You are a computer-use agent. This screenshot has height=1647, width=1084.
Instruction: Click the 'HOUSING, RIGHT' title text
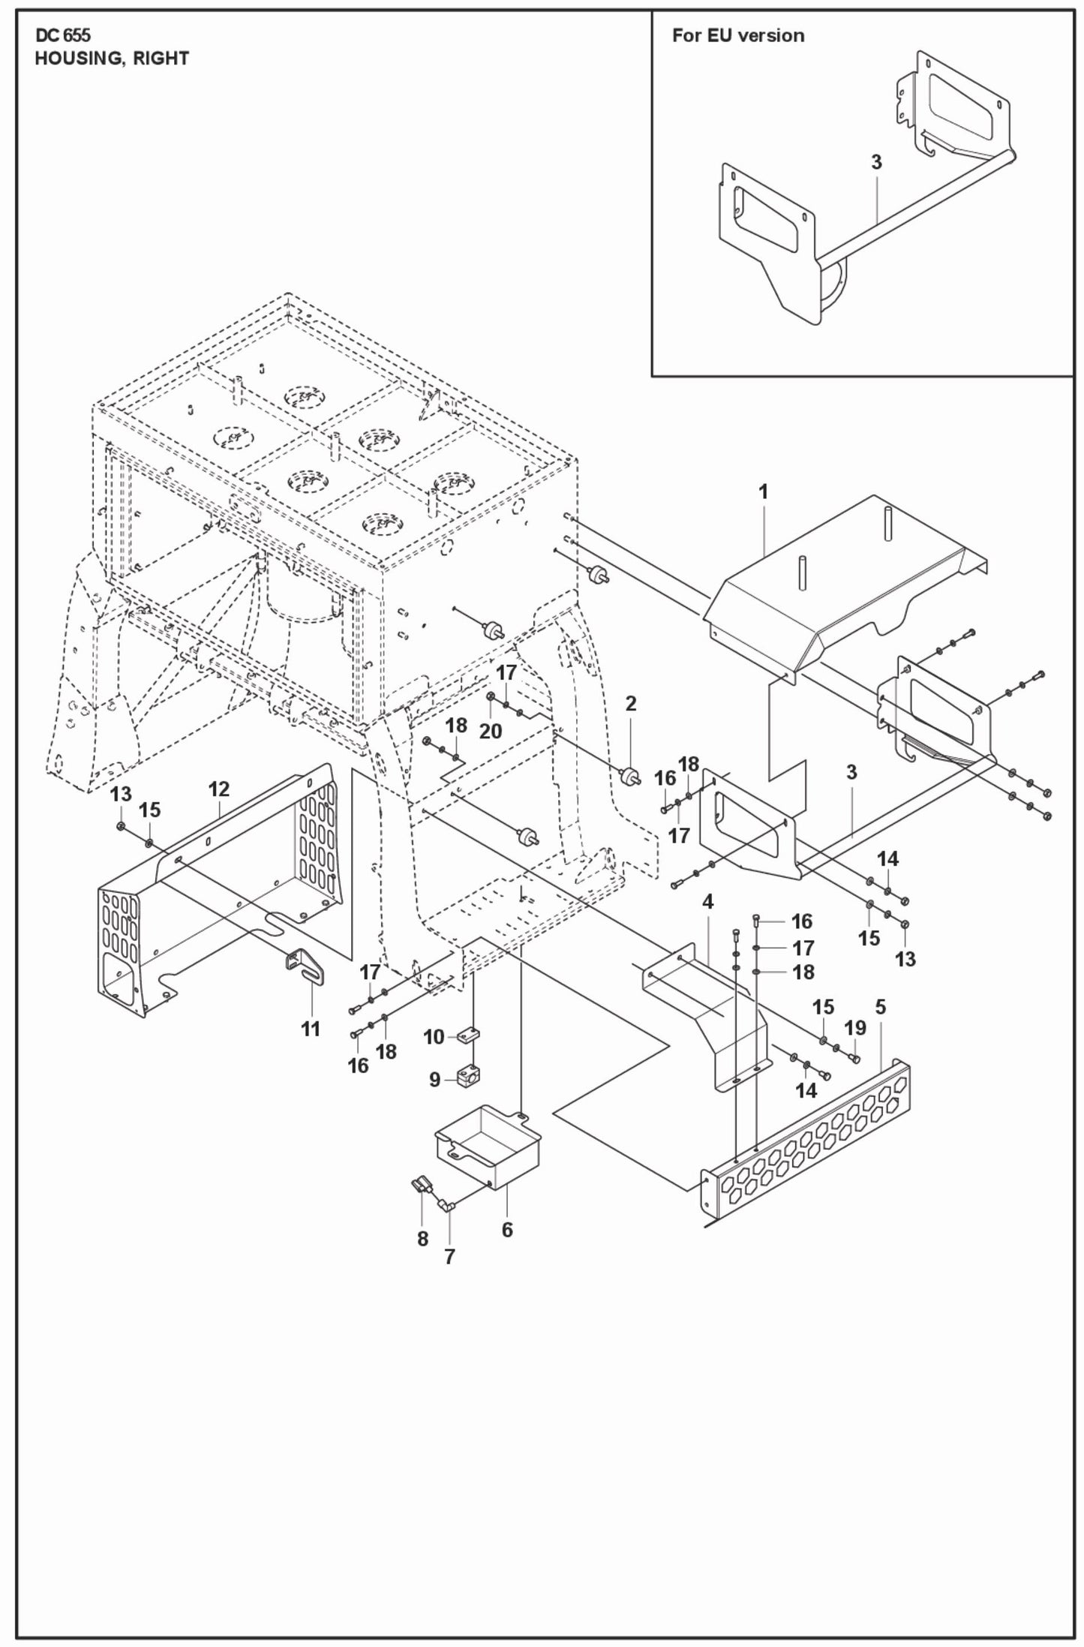112,59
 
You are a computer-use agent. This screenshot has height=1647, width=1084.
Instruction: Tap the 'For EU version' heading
737,35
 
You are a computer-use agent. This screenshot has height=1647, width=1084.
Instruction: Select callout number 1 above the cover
763,492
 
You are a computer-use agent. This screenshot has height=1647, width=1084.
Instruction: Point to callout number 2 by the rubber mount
630,703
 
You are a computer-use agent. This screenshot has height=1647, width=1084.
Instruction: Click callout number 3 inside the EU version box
876,162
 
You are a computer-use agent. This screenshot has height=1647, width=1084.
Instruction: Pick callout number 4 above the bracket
707,902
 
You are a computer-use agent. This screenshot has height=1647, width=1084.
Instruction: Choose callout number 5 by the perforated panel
880,1006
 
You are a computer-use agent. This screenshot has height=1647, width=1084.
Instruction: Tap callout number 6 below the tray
507,1230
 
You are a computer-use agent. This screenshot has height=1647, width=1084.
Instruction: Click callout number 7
449,1257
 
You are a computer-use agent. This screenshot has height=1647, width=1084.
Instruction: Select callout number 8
422,1239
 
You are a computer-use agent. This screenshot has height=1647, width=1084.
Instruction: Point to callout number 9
435,1080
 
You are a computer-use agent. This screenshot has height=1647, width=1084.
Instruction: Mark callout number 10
434,1037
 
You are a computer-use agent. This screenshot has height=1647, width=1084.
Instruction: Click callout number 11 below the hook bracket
311,1029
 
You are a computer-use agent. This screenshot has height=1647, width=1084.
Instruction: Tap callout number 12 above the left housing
218,789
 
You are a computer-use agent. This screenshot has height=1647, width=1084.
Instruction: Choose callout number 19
856,1028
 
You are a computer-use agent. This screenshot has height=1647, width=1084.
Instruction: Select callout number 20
490,731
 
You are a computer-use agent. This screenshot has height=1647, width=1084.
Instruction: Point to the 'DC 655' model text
62,35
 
